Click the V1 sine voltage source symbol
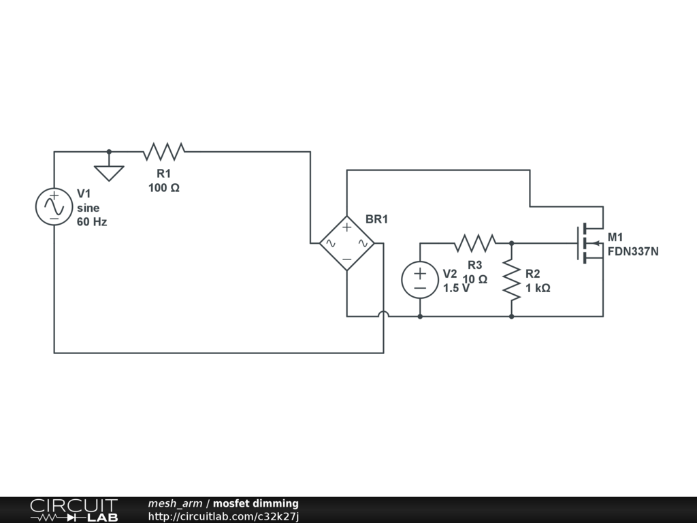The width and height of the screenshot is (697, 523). [54, 206]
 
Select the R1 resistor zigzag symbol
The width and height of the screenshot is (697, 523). [164, 151]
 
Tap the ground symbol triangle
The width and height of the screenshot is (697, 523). [109, 172]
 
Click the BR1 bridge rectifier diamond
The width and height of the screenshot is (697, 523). [346, 242]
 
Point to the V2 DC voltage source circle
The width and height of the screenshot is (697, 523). [419, 280]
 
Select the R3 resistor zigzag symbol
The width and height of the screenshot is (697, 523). [475, 242]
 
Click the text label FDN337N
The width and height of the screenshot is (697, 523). [633, 251]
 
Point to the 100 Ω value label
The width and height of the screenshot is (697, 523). [164, 188]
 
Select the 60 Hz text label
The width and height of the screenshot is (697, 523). [92, 222]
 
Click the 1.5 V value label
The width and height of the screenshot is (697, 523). [456, 288]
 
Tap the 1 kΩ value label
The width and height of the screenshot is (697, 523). [538, 288]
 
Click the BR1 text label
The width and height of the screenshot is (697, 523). [376, 219]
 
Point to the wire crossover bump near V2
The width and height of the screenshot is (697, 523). [383, 315]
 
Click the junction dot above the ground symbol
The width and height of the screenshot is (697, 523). [109, 151]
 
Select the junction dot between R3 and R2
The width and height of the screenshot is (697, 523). [511, 242]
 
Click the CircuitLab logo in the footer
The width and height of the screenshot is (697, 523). [74, 510]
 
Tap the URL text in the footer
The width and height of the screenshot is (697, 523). [223, 516]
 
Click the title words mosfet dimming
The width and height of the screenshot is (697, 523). [255, 504]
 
